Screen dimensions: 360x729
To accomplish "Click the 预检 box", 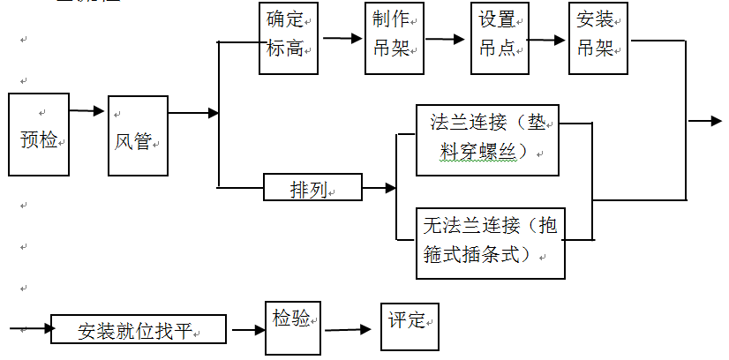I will (39, 134).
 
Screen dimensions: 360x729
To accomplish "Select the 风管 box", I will (138, 135).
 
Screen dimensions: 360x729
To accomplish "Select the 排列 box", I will (312, 188).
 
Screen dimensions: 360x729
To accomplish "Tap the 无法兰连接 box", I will (490, 241).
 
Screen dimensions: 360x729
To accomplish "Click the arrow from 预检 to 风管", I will (86, 111).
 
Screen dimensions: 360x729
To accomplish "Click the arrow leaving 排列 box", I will (379, 188).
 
